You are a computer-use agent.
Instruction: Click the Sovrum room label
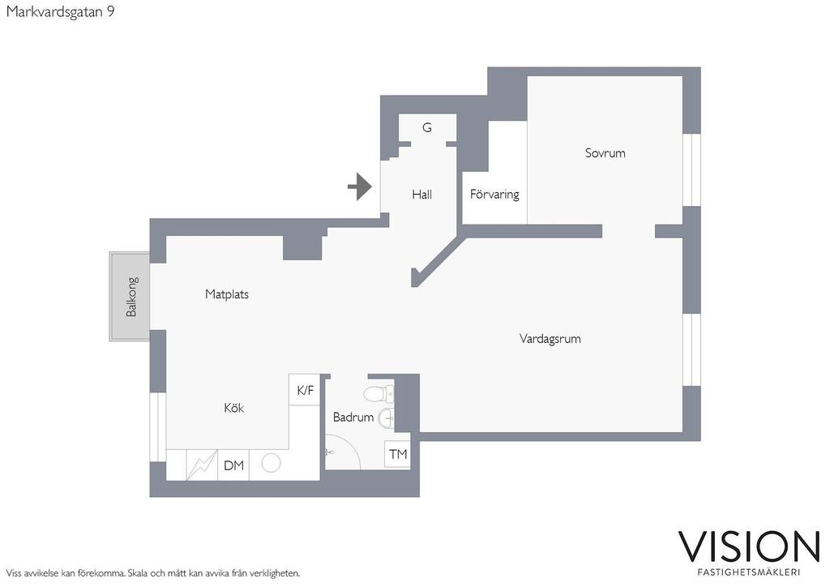(x=605, y=153)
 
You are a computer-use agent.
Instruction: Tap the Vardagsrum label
(x=550, y=339)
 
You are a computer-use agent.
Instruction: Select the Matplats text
(x=227, y=294)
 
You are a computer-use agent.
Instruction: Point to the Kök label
(x=234, y=408)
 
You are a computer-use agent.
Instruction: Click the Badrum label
(x=353, y=417)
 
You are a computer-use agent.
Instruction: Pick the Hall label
(x=421, y=195)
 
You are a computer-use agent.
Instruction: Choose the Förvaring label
(x=494, y=195)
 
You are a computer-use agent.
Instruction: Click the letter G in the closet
(x=427, y=127)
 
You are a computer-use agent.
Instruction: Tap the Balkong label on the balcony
(x=131, y=297)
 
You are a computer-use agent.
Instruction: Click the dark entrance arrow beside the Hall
(x=360, y=186)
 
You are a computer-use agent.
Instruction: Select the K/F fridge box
(x=305, y=390)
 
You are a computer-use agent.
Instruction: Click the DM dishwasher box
(x=233, y=465)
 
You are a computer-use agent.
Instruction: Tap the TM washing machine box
(x=397, y=454)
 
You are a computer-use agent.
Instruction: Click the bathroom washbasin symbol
(x=387, y=418)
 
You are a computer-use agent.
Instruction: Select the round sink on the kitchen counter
(x=271, y=463)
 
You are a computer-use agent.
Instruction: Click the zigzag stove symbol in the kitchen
(x=202, y=465)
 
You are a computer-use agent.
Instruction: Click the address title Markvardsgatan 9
(x=60, y=11)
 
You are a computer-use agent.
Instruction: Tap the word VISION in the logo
(x=749, y=547)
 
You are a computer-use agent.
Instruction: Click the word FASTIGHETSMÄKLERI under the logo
(x=749, y=572)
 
